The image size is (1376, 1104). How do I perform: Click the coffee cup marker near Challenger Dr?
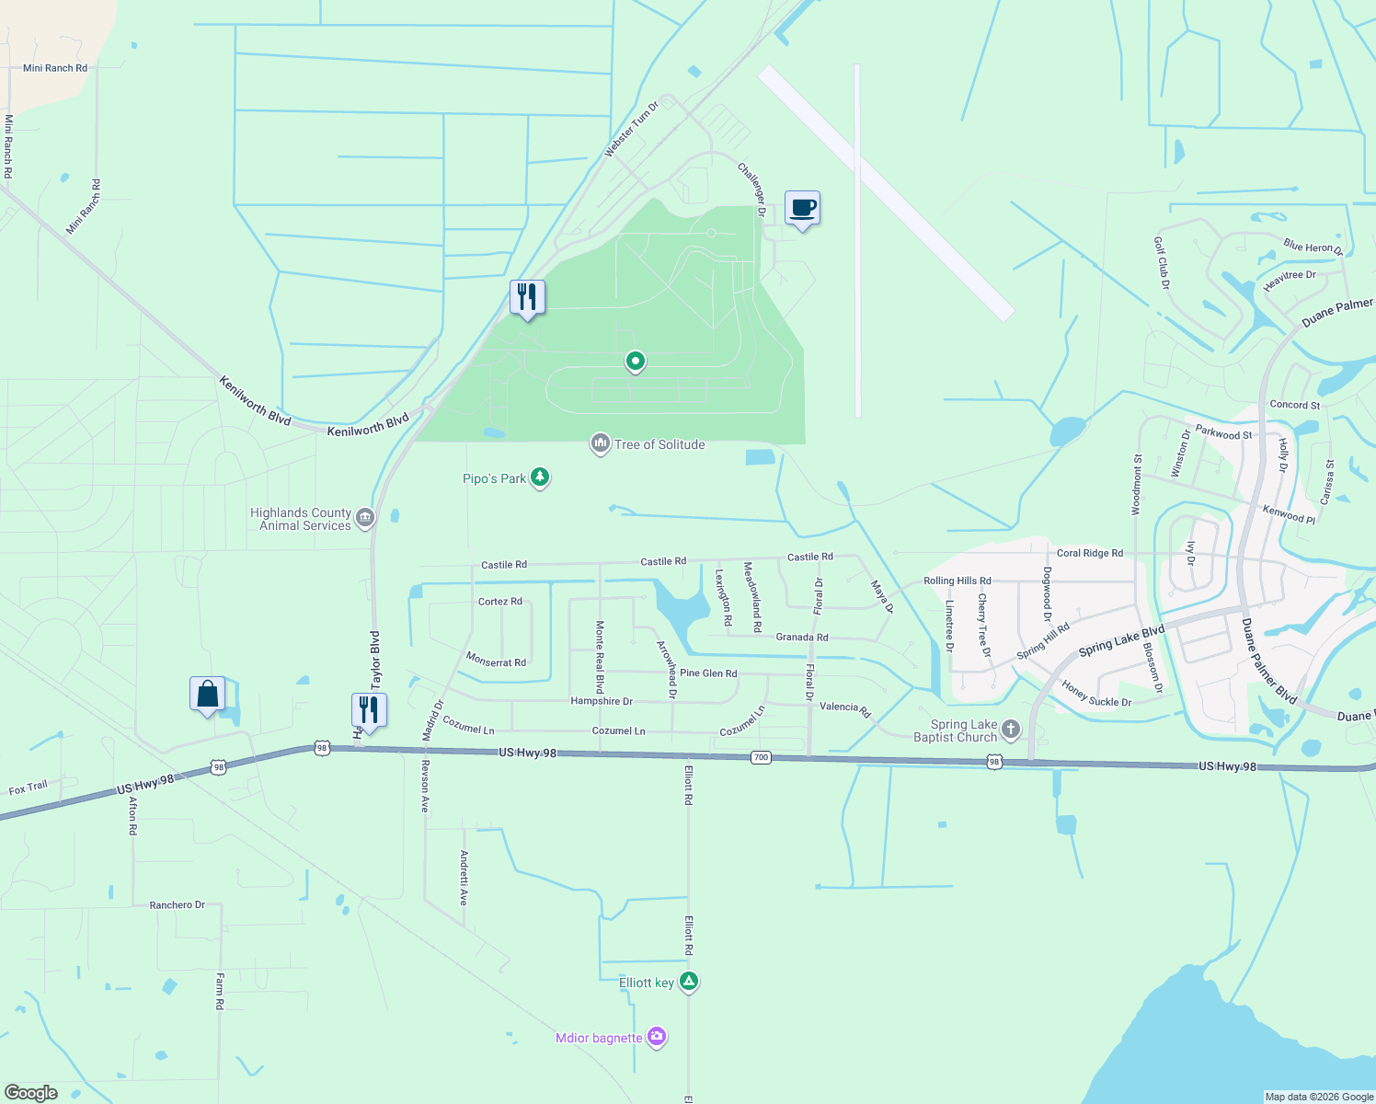tap(802, 209)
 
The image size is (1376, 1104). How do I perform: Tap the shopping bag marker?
tap(208, 695)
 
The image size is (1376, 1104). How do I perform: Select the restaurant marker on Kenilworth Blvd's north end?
tap(527, 298)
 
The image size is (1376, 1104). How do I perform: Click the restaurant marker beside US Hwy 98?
tap(369, 711)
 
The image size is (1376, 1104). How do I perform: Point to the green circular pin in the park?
tap(635, 362)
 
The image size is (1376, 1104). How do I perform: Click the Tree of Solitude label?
tap(659, 444)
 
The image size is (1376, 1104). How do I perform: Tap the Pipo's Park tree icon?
tap(541, 477)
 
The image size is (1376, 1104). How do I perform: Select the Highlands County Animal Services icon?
tap(365, 519)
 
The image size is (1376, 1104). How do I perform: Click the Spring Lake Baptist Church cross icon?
tap(1011, 730)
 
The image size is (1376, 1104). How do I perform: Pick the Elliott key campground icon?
tap(688, 982)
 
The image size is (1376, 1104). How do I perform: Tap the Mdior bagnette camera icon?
tap(656, 1038)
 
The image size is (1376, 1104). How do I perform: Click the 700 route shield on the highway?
tap(760, 757)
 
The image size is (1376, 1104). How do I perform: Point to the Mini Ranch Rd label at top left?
tap(55, 68)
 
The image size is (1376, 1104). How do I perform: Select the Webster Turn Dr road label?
tap(632, 130)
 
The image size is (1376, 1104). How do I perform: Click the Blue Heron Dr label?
tap(1313, 247)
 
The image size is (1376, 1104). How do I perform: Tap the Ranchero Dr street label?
tap(177, 905)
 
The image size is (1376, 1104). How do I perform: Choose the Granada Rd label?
tap(801, 637)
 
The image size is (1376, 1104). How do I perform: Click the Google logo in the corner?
tap(31, 1092)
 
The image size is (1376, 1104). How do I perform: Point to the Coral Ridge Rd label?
tap(1089, 553)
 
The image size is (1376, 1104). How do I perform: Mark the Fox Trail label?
tap(28, 788)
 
